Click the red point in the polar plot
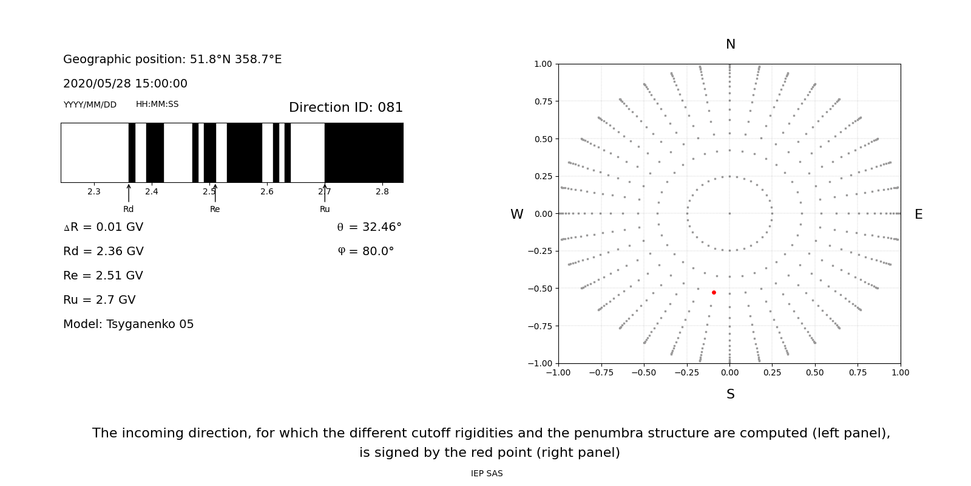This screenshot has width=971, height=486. coord(714,292)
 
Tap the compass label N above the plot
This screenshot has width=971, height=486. coord(731,44)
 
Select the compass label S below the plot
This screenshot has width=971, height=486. coord(731,394)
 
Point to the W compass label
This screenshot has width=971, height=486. coord(516,214)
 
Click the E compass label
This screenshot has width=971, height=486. coord(918,214)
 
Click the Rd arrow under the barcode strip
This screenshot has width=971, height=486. coord(129,193)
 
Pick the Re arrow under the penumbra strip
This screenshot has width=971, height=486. coord(215,193)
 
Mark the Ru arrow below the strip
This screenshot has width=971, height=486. coord(325,193)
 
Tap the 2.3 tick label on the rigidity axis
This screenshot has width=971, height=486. coord(94,191)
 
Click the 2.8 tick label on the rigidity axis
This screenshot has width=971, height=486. coord(382,191)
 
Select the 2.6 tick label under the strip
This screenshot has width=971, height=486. coord(267,191)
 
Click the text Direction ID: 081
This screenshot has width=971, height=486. coord(346,108)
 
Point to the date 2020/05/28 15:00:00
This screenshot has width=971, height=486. coord(125,84)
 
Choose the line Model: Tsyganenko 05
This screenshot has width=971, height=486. coord(129,324)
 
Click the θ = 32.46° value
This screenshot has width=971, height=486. coord(369,227)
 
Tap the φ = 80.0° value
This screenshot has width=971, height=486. coord(365,252)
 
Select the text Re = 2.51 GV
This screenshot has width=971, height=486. coord(103,276)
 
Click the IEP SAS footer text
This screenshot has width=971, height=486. coord(487,474)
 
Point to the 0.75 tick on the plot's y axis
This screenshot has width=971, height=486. coord(543,101)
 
